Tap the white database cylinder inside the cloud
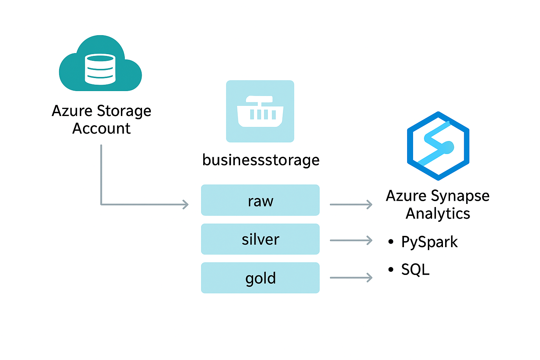coord(100,69)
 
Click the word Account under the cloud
coord(101,129)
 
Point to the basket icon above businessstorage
coord(260,111)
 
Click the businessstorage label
coord(261,160)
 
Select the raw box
coord(260,200)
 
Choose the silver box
coord(260,239)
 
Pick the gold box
coord(260,278)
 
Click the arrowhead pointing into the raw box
coord(186,204)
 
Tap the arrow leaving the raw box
coord(351,204)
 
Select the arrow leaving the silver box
coord(351,240)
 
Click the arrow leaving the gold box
coord(351,278)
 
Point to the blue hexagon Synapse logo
coord(438,146)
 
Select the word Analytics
coord(438,213)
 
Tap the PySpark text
coord(429,242)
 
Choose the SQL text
coord(415,270)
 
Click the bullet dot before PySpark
coord(391,242)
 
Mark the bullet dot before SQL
coord(391,270)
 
